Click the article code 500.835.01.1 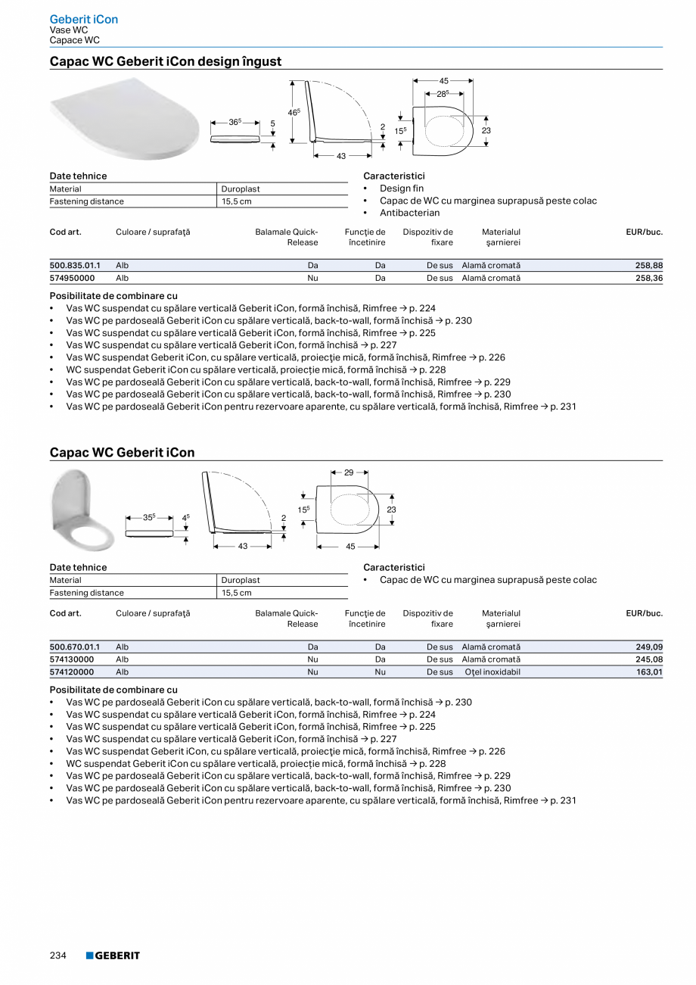coord(75,266)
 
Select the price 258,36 coord(649,278)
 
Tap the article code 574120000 coord(72,672)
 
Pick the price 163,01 coord(649,672)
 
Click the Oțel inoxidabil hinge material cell coord(491,672)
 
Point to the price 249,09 coord(649,647)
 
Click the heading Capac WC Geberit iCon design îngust coord(166,61)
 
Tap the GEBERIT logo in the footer coord(113,955)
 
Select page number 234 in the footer coord(58,955)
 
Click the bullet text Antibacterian coord(409,213)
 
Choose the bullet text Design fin coord(402,189)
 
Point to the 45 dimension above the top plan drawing coord(444,80)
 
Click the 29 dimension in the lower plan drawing coord(349,472)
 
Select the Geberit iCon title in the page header coord(84,19)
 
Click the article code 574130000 coord(72,659)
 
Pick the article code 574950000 coord(72,278)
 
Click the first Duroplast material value coord(241,189)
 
